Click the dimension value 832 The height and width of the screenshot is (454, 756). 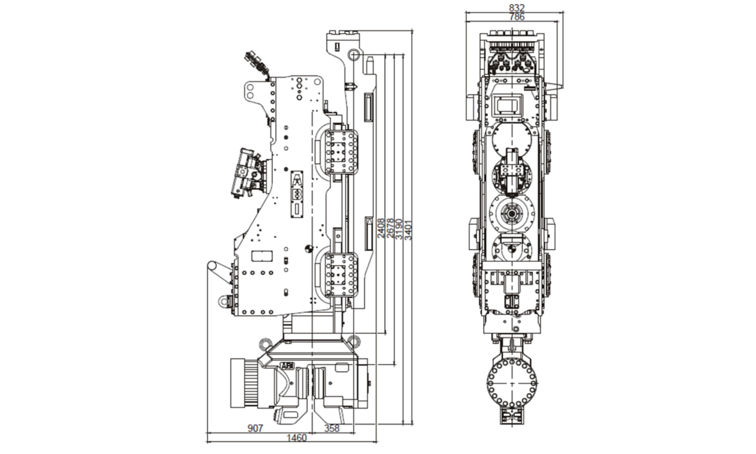click(x=517, y=8)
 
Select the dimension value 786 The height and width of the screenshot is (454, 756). click(x=517, y=17)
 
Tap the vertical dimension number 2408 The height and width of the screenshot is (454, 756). click(x=381, y=228)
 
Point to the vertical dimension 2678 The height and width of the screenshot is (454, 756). click(x=390, y=228)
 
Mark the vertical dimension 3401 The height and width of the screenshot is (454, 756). click(x=409, y=230)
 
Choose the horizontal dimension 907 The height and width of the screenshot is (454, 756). click(x=255, y=428)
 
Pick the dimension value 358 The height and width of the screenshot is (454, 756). click(x=332, y=428)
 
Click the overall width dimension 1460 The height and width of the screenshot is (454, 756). click(x=296, y=438)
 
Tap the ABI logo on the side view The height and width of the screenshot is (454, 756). click(x=287, y=366)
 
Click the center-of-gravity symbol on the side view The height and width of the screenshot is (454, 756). click(x=309, y=249)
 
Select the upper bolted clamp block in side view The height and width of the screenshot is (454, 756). click(x=341, y=152)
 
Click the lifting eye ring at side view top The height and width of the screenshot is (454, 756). click(x=353, y=54)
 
